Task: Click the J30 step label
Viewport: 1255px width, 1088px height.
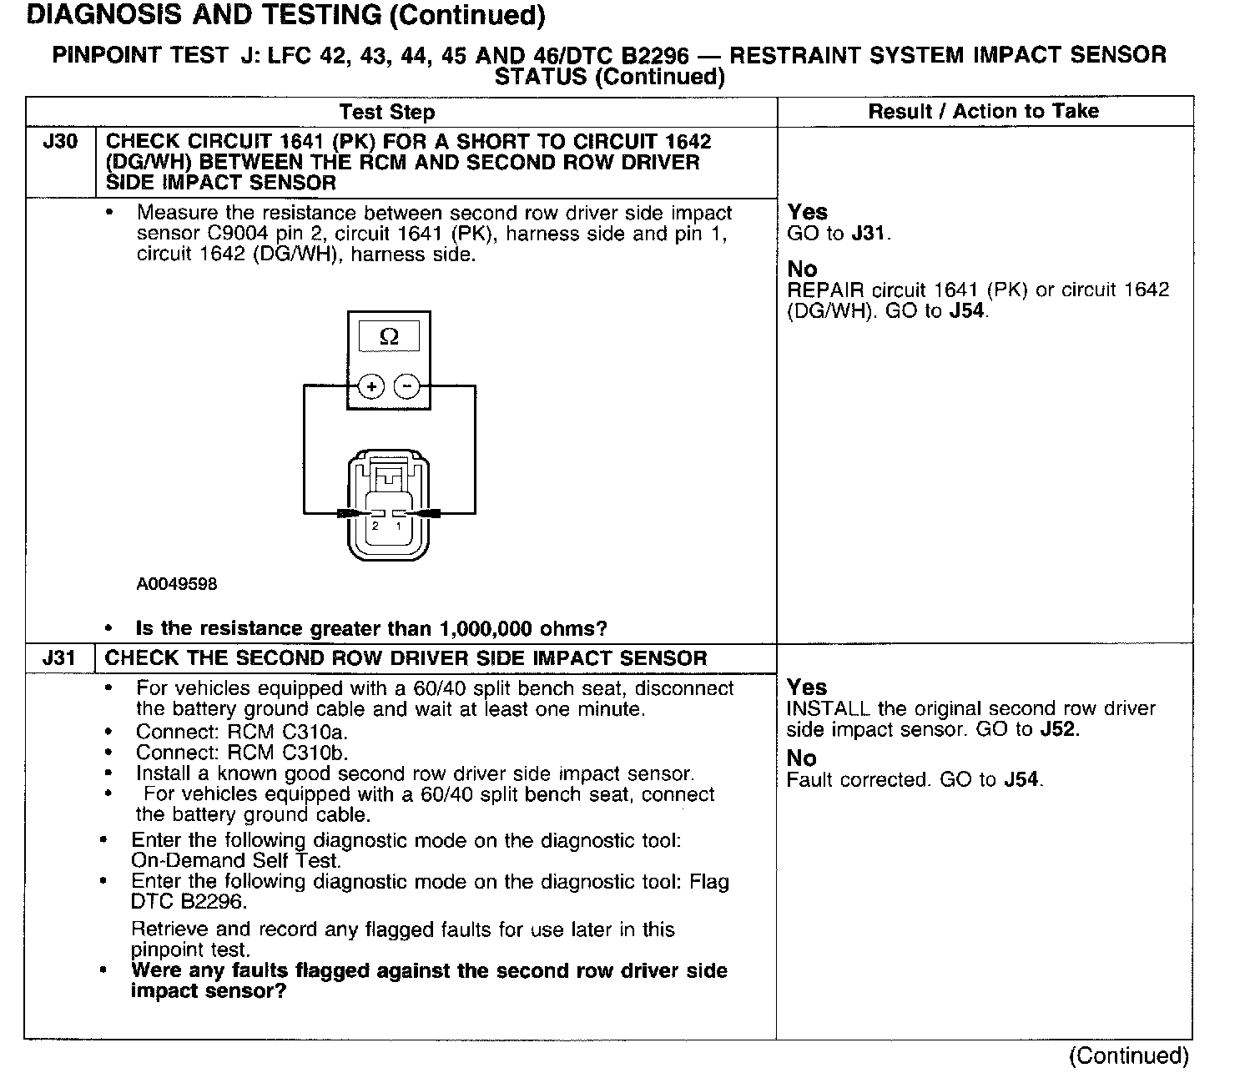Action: [60, 141]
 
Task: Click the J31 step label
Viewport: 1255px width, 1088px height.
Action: [60, 657]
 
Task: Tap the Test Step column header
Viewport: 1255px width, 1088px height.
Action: [387, 112]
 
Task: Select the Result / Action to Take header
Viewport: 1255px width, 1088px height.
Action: [984, 112]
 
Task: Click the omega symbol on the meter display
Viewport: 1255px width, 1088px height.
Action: [389, 337]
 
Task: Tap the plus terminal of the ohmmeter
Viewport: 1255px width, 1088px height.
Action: [370, 386]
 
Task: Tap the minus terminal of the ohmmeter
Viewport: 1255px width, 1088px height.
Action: [406, 386]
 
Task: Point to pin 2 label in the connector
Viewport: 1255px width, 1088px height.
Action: [375, 526]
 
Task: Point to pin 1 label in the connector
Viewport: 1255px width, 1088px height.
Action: [399, 526]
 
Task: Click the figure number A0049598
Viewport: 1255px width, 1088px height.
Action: [176, 584]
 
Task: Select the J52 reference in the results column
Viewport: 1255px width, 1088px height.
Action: [1059, 729]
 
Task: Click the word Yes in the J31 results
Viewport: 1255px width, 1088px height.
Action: [807, 688]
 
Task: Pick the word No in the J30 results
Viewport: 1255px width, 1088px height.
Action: [802, 269]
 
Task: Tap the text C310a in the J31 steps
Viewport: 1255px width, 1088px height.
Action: [316, 732]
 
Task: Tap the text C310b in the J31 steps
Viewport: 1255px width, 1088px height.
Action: [316, 753]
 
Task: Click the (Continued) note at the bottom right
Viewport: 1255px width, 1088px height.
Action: [1128, 1055]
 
